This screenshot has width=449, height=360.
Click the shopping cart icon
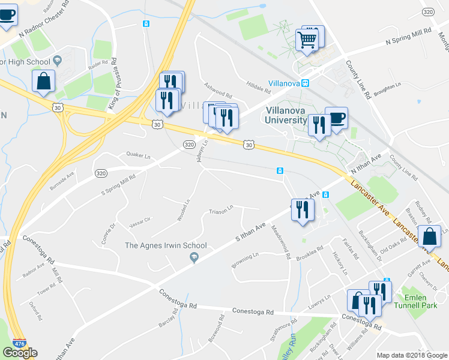(307, 40)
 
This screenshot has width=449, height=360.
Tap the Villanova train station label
(284, 83)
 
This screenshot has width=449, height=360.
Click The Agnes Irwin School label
(166, 245)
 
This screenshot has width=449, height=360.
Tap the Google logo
(20, 353)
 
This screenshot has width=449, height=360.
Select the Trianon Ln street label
(220, 211)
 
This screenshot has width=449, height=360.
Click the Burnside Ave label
(62, 178)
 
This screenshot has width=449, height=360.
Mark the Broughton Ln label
(387, 88)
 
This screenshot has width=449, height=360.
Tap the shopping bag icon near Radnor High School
(43, 82)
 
